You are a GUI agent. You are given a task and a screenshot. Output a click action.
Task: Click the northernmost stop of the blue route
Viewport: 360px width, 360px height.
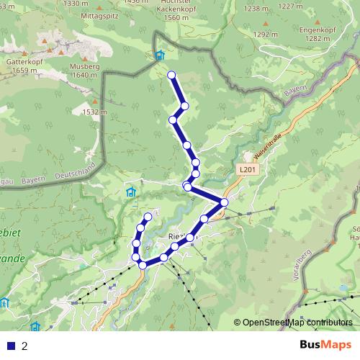click(171, 75)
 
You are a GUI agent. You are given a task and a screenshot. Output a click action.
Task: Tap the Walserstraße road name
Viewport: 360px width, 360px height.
click(266, 148)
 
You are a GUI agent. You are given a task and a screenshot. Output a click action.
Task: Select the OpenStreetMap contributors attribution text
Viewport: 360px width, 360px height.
click(297, 323)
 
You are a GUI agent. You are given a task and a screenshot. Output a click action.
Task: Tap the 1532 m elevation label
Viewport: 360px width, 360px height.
click(94, 112)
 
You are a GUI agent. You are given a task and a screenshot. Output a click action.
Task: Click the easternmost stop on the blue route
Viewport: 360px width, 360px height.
click(224, 202)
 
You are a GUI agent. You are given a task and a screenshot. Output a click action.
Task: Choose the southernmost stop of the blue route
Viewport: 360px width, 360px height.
click(143, 265)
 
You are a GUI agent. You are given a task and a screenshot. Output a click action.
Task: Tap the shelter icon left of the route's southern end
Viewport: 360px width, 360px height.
click(131, 192)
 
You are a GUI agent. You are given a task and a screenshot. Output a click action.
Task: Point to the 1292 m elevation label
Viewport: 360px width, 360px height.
click(265, 34)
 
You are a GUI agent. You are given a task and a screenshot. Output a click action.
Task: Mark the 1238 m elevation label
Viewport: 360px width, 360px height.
click(255, 9)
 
